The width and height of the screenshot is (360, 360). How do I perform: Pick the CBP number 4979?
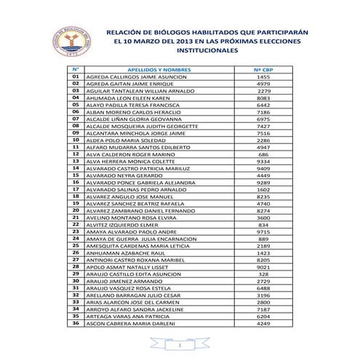(x=263, y=84)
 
